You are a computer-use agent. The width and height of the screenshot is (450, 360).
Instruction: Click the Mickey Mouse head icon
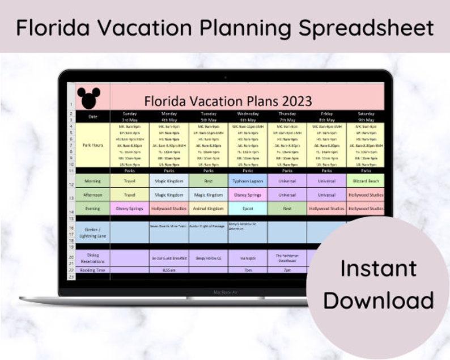[x=88, y=98]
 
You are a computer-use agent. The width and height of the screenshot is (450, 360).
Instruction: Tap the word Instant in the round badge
[x=378, y=268]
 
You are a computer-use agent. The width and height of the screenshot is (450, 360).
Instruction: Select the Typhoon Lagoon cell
[x=247, y=180]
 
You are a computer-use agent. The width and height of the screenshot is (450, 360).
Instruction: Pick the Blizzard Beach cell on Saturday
[x=366, y=180]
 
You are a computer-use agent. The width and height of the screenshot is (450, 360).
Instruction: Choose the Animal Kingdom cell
[x=208, y=208]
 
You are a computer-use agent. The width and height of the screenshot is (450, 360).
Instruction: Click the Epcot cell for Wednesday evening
[x=247, y=208]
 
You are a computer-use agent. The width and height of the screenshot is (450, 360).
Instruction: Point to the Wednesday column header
[x=247, y=116]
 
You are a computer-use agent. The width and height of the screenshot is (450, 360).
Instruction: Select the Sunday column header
[x=130, y=116]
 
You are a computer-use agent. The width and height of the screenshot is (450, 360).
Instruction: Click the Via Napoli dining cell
[x=247, y=258]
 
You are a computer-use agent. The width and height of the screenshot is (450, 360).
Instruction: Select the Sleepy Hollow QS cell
[x=208, y=258]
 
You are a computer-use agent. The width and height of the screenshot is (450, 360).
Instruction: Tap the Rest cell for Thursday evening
[x=287, y=208]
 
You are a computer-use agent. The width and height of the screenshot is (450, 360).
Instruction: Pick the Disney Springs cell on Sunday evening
[x=130, y=208]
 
